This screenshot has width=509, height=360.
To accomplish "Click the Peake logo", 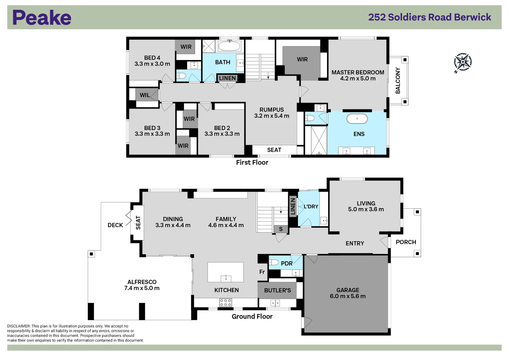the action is [42, 17].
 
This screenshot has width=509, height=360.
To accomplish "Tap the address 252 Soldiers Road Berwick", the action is [429, 17].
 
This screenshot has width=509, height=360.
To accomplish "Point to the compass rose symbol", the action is [463, 63].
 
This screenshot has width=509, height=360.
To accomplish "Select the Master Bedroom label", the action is [358, 72].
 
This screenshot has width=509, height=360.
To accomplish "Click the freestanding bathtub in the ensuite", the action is [357, 118].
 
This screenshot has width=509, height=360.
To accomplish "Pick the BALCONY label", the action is [398, 80].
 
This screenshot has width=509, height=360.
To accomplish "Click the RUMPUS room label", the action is [272, 110].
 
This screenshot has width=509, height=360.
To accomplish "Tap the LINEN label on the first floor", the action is [227, 78].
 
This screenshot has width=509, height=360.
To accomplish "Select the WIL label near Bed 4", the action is [145, 95].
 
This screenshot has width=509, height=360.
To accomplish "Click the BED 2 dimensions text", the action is [222, 134].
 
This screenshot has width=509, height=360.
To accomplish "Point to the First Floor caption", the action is [252, 162].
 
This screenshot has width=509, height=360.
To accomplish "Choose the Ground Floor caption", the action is [252, 316].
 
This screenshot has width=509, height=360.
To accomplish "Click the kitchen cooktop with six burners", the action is [225, 303].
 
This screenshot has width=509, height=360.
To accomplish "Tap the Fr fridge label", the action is [262, 272].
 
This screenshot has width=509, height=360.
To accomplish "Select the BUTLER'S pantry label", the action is [277, 290].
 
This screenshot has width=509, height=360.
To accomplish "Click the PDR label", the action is [287, 263].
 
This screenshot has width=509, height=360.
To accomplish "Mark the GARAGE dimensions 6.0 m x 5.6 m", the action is [348, 296].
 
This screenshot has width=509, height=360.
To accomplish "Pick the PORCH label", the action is [406, 242].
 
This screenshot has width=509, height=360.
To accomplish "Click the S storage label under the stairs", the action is [281, 229].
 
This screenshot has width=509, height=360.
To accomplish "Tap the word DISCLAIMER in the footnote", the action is [18, 326].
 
